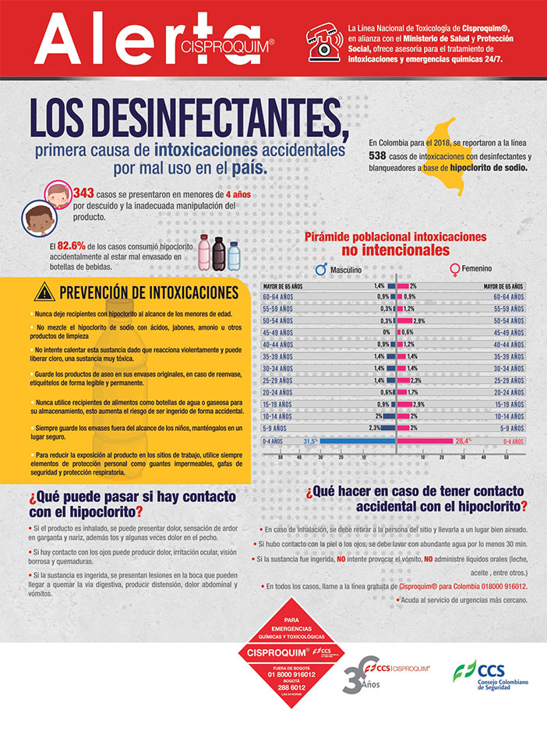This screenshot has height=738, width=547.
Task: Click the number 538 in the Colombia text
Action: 379,156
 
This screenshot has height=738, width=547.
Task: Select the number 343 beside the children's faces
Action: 83,192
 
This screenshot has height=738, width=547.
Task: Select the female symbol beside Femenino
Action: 454,270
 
